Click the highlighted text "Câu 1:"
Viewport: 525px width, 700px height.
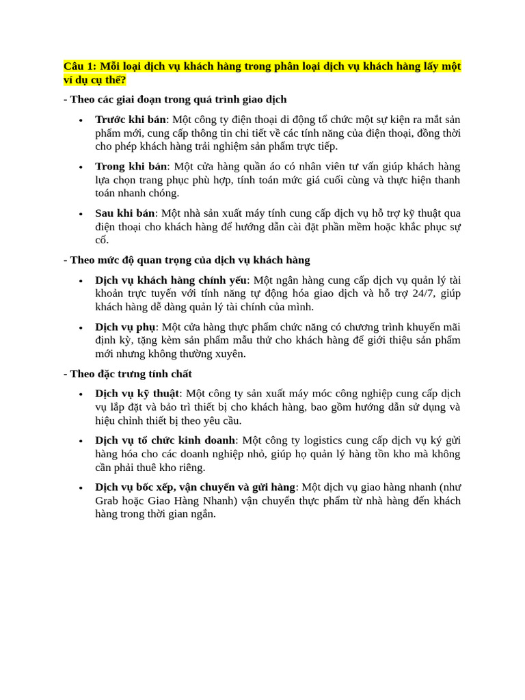pyautogui.click(x=80, y=66)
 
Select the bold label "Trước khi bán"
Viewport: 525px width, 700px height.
pyautogui.click(x=130, y=120)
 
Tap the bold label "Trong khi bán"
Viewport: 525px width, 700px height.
pyautogui.click(x=131, y=166)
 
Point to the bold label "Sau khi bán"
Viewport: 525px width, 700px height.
pyautogui.click(x=125, y=213)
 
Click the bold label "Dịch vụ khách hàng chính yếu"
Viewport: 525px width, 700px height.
pyautogui.click(x=170, y=280)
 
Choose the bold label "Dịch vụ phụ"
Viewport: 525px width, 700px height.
pyautogui.click(x=125, y=327)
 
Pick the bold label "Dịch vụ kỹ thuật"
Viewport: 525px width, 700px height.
pyautogui.click(x=137, y=394)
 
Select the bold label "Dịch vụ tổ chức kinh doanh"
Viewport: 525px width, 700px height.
pyautogui.click(x=165, y=440)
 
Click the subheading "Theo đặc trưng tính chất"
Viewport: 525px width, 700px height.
pyautogui.click(x=131, y=374)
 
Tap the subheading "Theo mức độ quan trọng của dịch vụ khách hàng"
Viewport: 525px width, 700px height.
pyautogui.click(x=189, y=260)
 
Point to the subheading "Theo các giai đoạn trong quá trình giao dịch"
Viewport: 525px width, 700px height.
pyautogui.click(x=178, y=100)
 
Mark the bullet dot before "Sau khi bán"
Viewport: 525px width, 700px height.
pyautogui.click(x=81, y=215)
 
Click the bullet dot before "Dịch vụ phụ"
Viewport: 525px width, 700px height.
pyautogui.click(x=81, y=328)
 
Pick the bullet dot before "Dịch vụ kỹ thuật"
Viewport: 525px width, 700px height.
pyautogui.click(x=81, y=395)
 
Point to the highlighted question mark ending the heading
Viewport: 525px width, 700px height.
pyautogui.click(x=124, y=80)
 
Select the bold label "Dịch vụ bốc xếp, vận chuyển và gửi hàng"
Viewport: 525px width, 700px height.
pyautogui.click(x=195, y=487)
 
